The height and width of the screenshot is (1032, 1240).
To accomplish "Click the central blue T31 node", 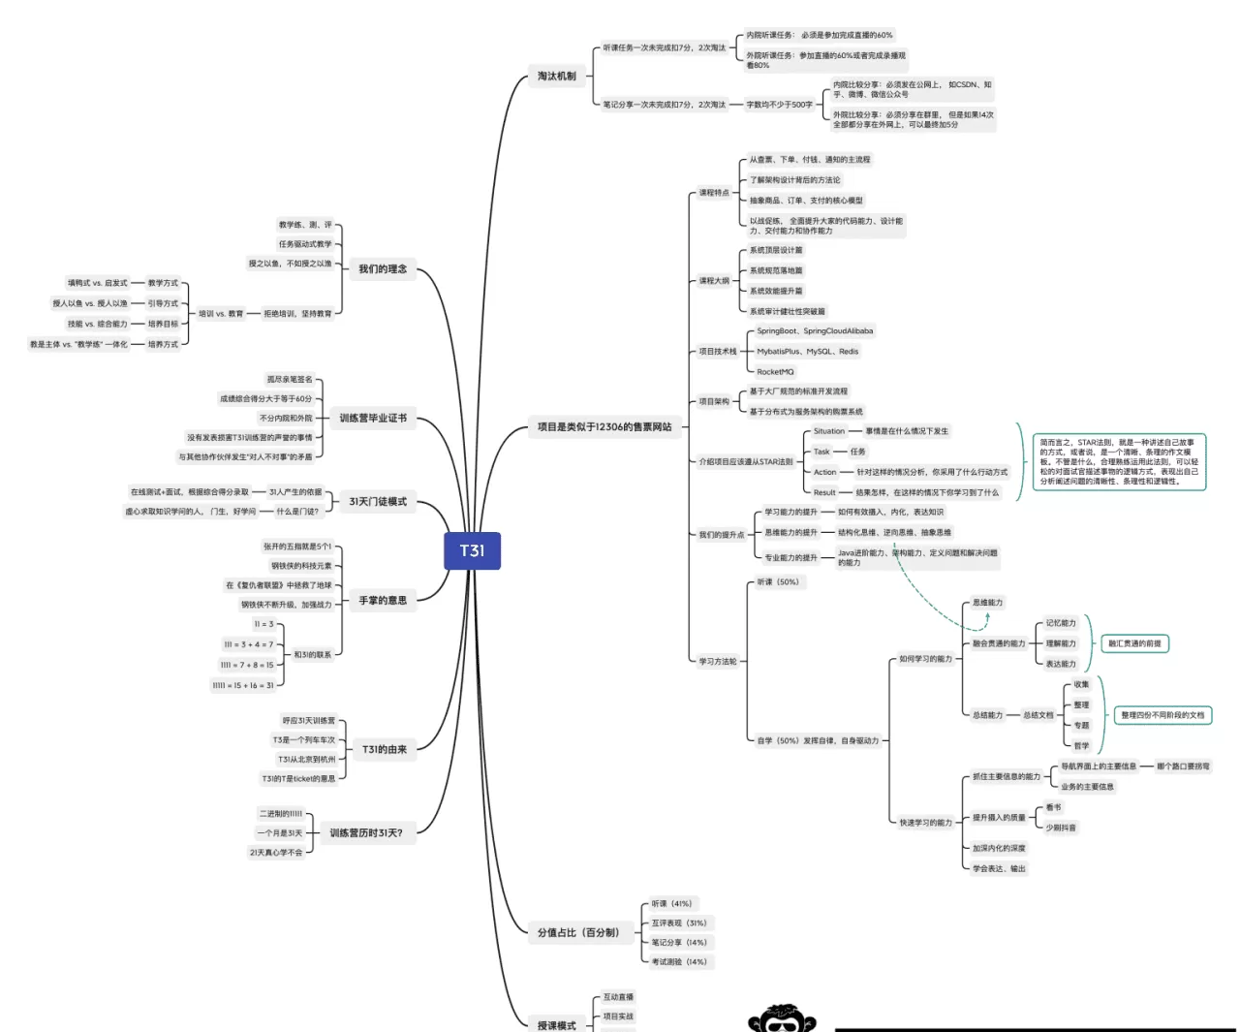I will click(x=472, y=550).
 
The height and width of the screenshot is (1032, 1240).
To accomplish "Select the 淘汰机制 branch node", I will click(x=557, y=76).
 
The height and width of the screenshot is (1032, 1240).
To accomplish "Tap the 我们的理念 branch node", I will click(x=383, y=268).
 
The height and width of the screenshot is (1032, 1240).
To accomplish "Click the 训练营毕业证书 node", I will click(x=373, y=419).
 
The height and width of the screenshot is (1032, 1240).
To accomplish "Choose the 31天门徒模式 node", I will click(x=378, y=501).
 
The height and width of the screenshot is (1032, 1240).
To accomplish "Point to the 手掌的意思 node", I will click(x=383, y=601).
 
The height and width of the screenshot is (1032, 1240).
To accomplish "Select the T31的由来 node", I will click(x=385, y=749).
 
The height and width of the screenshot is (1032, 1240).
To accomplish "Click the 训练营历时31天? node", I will click(x=366, y=832).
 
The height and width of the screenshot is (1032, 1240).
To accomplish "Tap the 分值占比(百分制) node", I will click(x=578, y=932).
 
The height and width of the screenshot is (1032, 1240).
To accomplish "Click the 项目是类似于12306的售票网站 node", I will click(x=604, y=426).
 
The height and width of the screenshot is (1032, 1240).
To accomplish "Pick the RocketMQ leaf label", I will click(x=775, y=372).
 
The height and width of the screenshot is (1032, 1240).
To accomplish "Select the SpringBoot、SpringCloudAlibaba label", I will click(x=815, y=331).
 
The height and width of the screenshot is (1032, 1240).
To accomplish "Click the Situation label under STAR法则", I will click(x=829, y=431).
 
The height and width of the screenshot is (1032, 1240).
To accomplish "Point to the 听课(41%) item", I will click(x=671, y=903).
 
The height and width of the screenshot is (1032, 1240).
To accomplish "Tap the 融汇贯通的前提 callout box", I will click(x=1134, y=643).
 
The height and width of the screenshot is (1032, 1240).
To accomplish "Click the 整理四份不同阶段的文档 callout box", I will click(x=1162, y=715).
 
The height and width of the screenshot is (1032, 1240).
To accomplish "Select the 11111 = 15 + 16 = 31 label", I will click(x=243, y=685).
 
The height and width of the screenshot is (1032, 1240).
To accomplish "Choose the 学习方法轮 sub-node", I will click(x=718, y=662).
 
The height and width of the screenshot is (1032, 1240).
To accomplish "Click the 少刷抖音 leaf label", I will click(x=1061, y=828).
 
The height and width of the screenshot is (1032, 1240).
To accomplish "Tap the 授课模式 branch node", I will click(x=557, y=1024).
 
